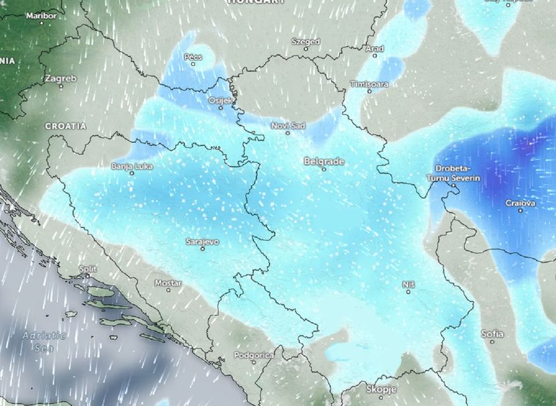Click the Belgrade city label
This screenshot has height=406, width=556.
pos(324,161)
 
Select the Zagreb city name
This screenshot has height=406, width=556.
pos(61,78)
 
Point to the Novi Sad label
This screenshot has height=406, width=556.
pos(288,125)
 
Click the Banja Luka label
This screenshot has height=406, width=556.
pos(131,165)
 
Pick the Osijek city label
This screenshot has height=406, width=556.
pos(221,100)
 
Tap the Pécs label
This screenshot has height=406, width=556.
pos(193,57)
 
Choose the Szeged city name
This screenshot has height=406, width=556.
pos(305,42)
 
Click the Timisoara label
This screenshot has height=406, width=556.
pos(369,84)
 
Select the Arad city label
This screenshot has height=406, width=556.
pos(374,49)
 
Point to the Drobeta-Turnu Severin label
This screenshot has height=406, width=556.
pos(452,173)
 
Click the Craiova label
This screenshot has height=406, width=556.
pos(520,202)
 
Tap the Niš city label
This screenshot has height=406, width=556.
pos(409,284)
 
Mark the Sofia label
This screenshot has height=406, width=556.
pos(492,333)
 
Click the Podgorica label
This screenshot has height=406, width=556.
pos(254,354)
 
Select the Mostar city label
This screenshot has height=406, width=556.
pos(168,283)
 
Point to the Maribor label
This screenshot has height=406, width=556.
pos(41,15)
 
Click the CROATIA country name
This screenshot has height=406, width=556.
pos(66,126)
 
